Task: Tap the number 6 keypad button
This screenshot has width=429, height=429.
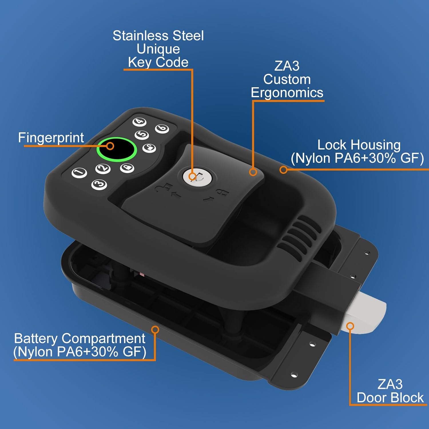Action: [162, 128]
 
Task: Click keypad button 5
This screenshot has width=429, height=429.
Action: [142, 135]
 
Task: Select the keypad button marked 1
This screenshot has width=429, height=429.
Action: [79, 173]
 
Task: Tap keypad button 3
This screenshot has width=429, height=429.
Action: [99, 184]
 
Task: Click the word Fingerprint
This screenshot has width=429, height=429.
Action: [51, 138]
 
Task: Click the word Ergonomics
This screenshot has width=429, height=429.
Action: [287, 93]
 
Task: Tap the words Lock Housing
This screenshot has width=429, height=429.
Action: [359, 145]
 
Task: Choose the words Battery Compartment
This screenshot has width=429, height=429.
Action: [80, 338]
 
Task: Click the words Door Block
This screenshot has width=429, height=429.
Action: [390, 398]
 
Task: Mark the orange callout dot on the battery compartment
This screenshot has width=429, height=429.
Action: [155, 330]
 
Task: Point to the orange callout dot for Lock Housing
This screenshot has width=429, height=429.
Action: [283, 170]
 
